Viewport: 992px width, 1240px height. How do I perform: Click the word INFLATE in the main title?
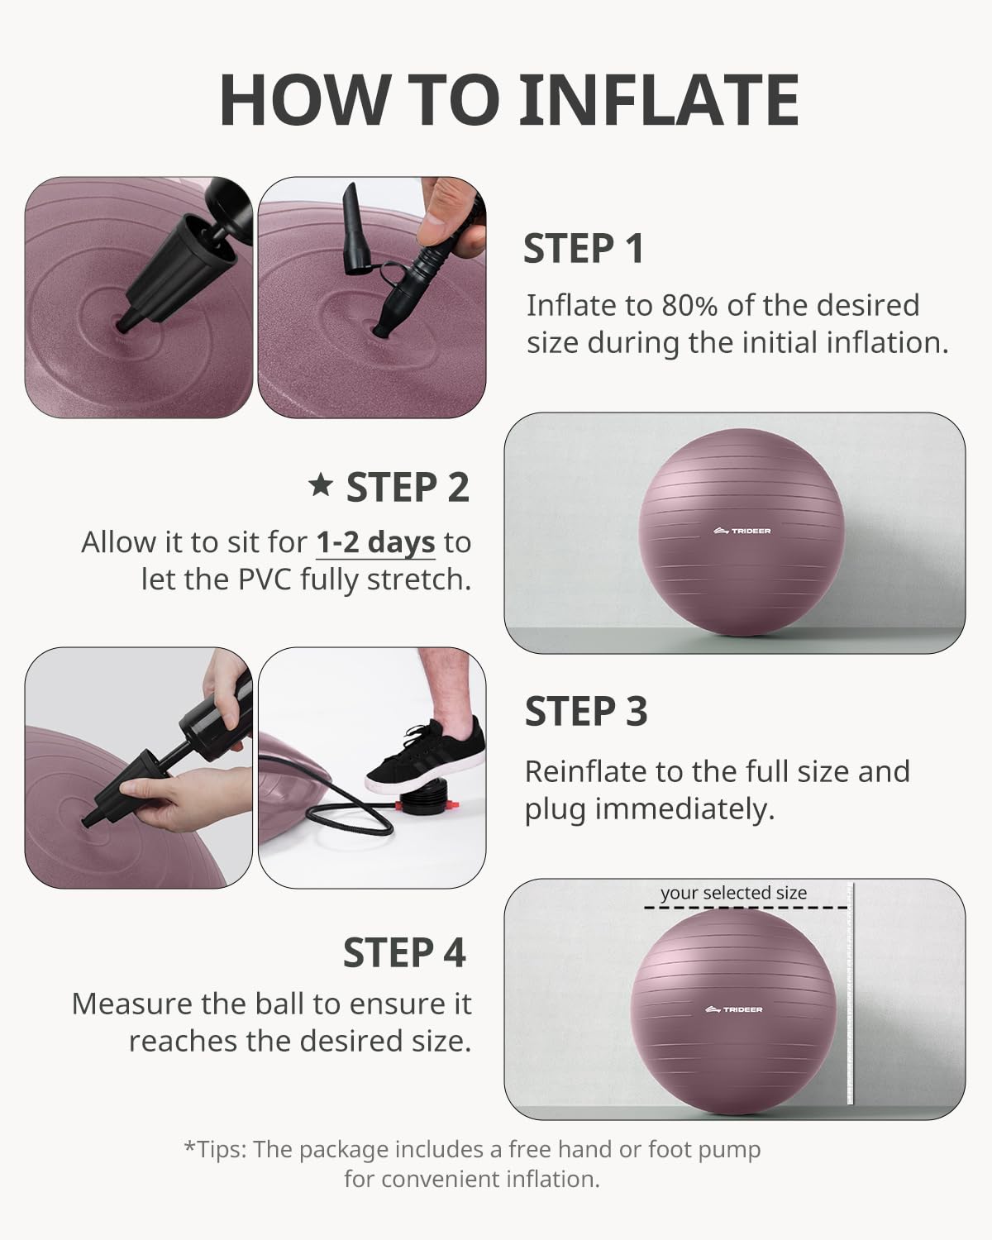659,99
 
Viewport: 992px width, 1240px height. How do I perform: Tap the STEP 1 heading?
584,249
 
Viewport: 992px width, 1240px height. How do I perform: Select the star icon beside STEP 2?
321,485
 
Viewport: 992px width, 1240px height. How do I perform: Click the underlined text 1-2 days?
375,543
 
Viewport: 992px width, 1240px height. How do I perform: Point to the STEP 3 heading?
586,712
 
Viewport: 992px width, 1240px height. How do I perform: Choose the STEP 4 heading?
404,952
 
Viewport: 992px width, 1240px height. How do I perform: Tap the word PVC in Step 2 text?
265,579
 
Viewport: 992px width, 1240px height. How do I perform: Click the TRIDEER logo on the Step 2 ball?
741,531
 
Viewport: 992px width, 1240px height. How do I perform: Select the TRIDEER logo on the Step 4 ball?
734,1009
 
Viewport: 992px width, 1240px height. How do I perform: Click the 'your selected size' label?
733,893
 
